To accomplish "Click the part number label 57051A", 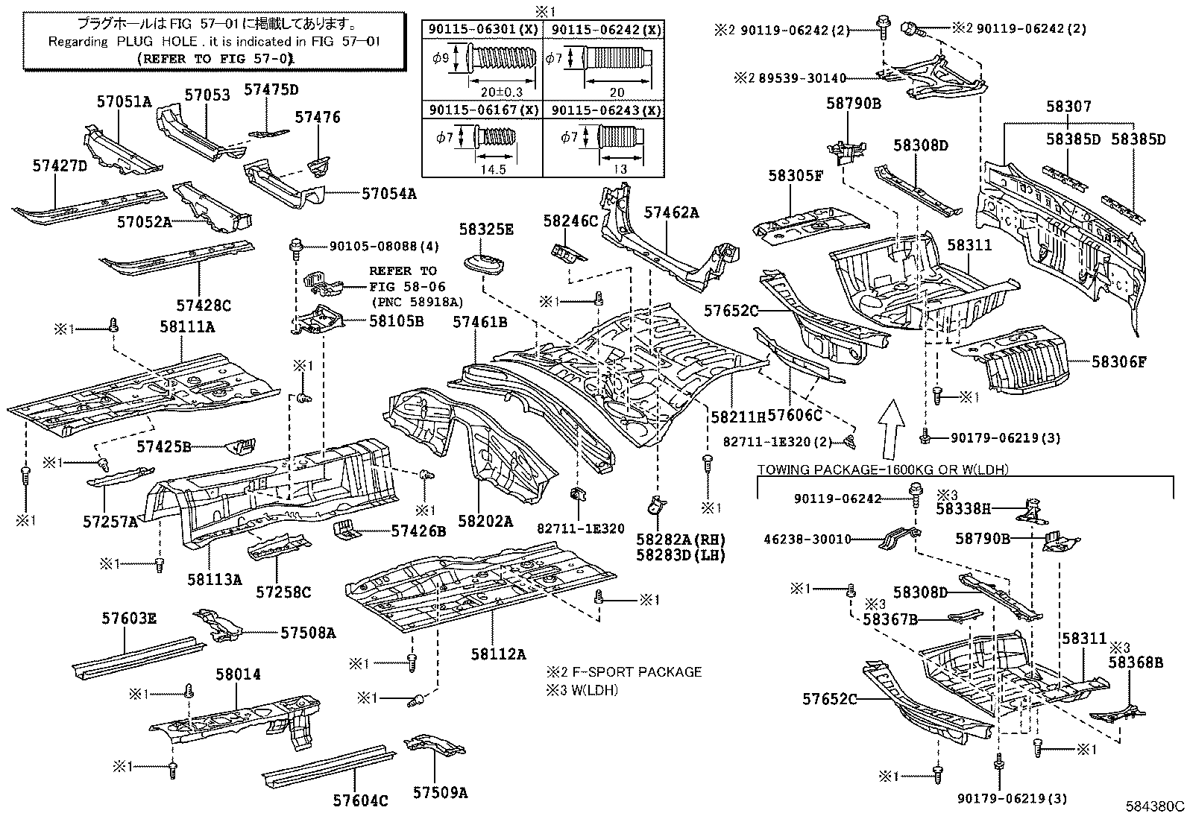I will (x=124, y=102).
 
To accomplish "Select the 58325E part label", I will (x=486, y=229).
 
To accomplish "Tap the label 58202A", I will (x=486, y=522).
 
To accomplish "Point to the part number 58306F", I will (x=1118, y=362).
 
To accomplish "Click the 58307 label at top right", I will (x=1068, y=107).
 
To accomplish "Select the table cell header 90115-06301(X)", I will (x=482, y=31).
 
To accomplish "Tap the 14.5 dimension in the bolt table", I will (x=493, y=169).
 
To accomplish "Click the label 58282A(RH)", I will (x=681, y=539).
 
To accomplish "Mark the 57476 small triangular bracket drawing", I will (x=320, y=165).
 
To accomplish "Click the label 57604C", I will (x=361, y=801).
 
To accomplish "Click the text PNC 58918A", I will (x=417, y=302).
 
